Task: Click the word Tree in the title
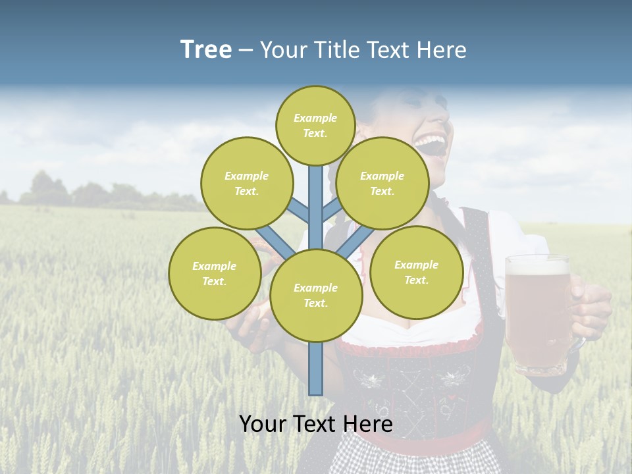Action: [206, 49]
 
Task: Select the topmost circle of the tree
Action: [315, 125]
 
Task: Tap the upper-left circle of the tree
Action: [246, 183]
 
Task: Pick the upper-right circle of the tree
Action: [382, 183]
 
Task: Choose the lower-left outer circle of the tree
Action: [214, 273]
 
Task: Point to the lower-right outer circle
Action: [416, 272]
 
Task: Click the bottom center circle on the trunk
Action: [315, 295]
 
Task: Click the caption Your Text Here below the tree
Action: [315, 424]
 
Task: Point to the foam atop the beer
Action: [537, 265]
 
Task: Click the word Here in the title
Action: [444, 50]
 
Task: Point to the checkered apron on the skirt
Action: [395, 458]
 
